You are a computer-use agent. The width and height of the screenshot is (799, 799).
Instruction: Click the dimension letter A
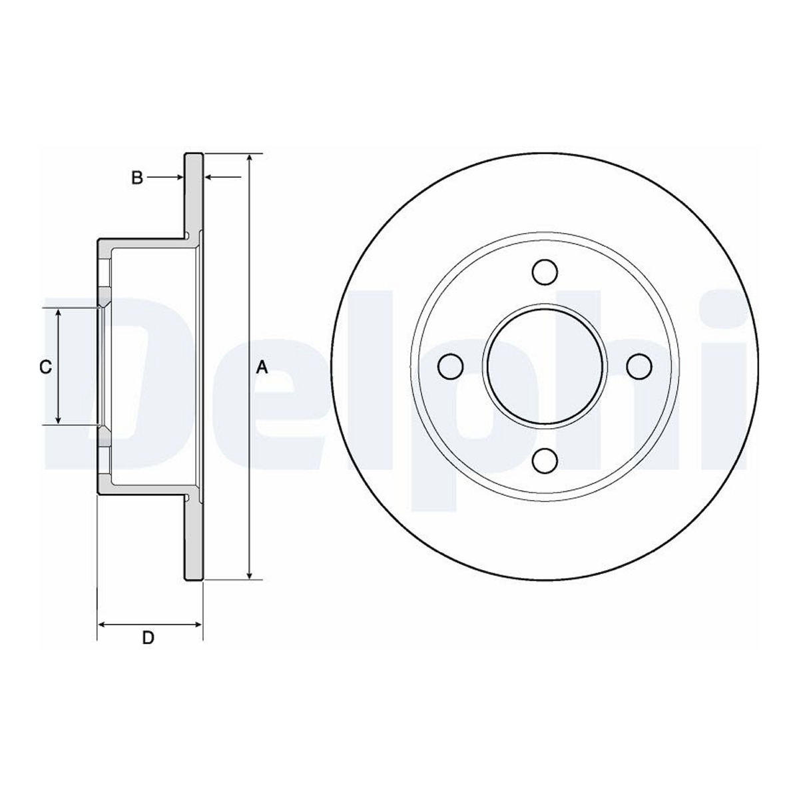pos(262,368)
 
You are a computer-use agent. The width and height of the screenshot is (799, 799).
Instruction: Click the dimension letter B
pos(137,178)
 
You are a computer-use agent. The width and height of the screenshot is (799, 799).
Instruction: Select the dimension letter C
pos(46,367)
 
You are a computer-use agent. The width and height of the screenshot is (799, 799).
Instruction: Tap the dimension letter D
pos(148,638)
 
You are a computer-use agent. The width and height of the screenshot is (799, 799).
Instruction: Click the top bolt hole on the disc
pos(545,272)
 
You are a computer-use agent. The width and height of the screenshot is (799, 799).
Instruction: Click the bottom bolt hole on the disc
pos(545,461)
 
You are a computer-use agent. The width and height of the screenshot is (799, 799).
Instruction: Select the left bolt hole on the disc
pos(450,366)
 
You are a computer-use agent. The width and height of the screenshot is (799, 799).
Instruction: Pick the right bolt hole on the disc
pos(639,366)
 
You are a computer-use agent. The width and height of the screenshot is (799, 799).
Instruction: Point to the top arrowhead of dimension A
pos(249,159)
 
